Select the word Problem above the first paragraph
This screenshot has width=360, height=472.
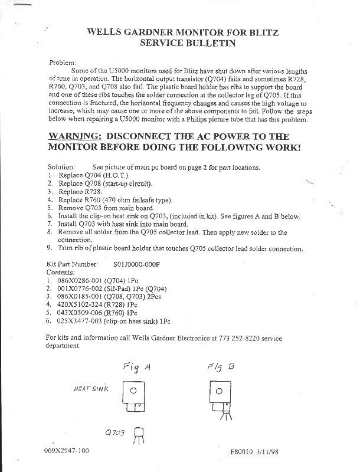point(62,61)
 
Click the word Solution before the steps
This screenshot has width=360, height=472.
point(60,167)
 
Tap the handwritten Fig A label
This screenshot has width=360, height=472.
point(137,367)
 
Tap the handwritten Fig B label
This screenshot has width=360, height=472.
point(221,366)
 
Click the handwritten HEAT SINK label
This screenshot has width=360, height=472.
point(90,389)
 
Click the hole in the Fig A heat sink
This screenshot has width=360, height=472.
point(134,390)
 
